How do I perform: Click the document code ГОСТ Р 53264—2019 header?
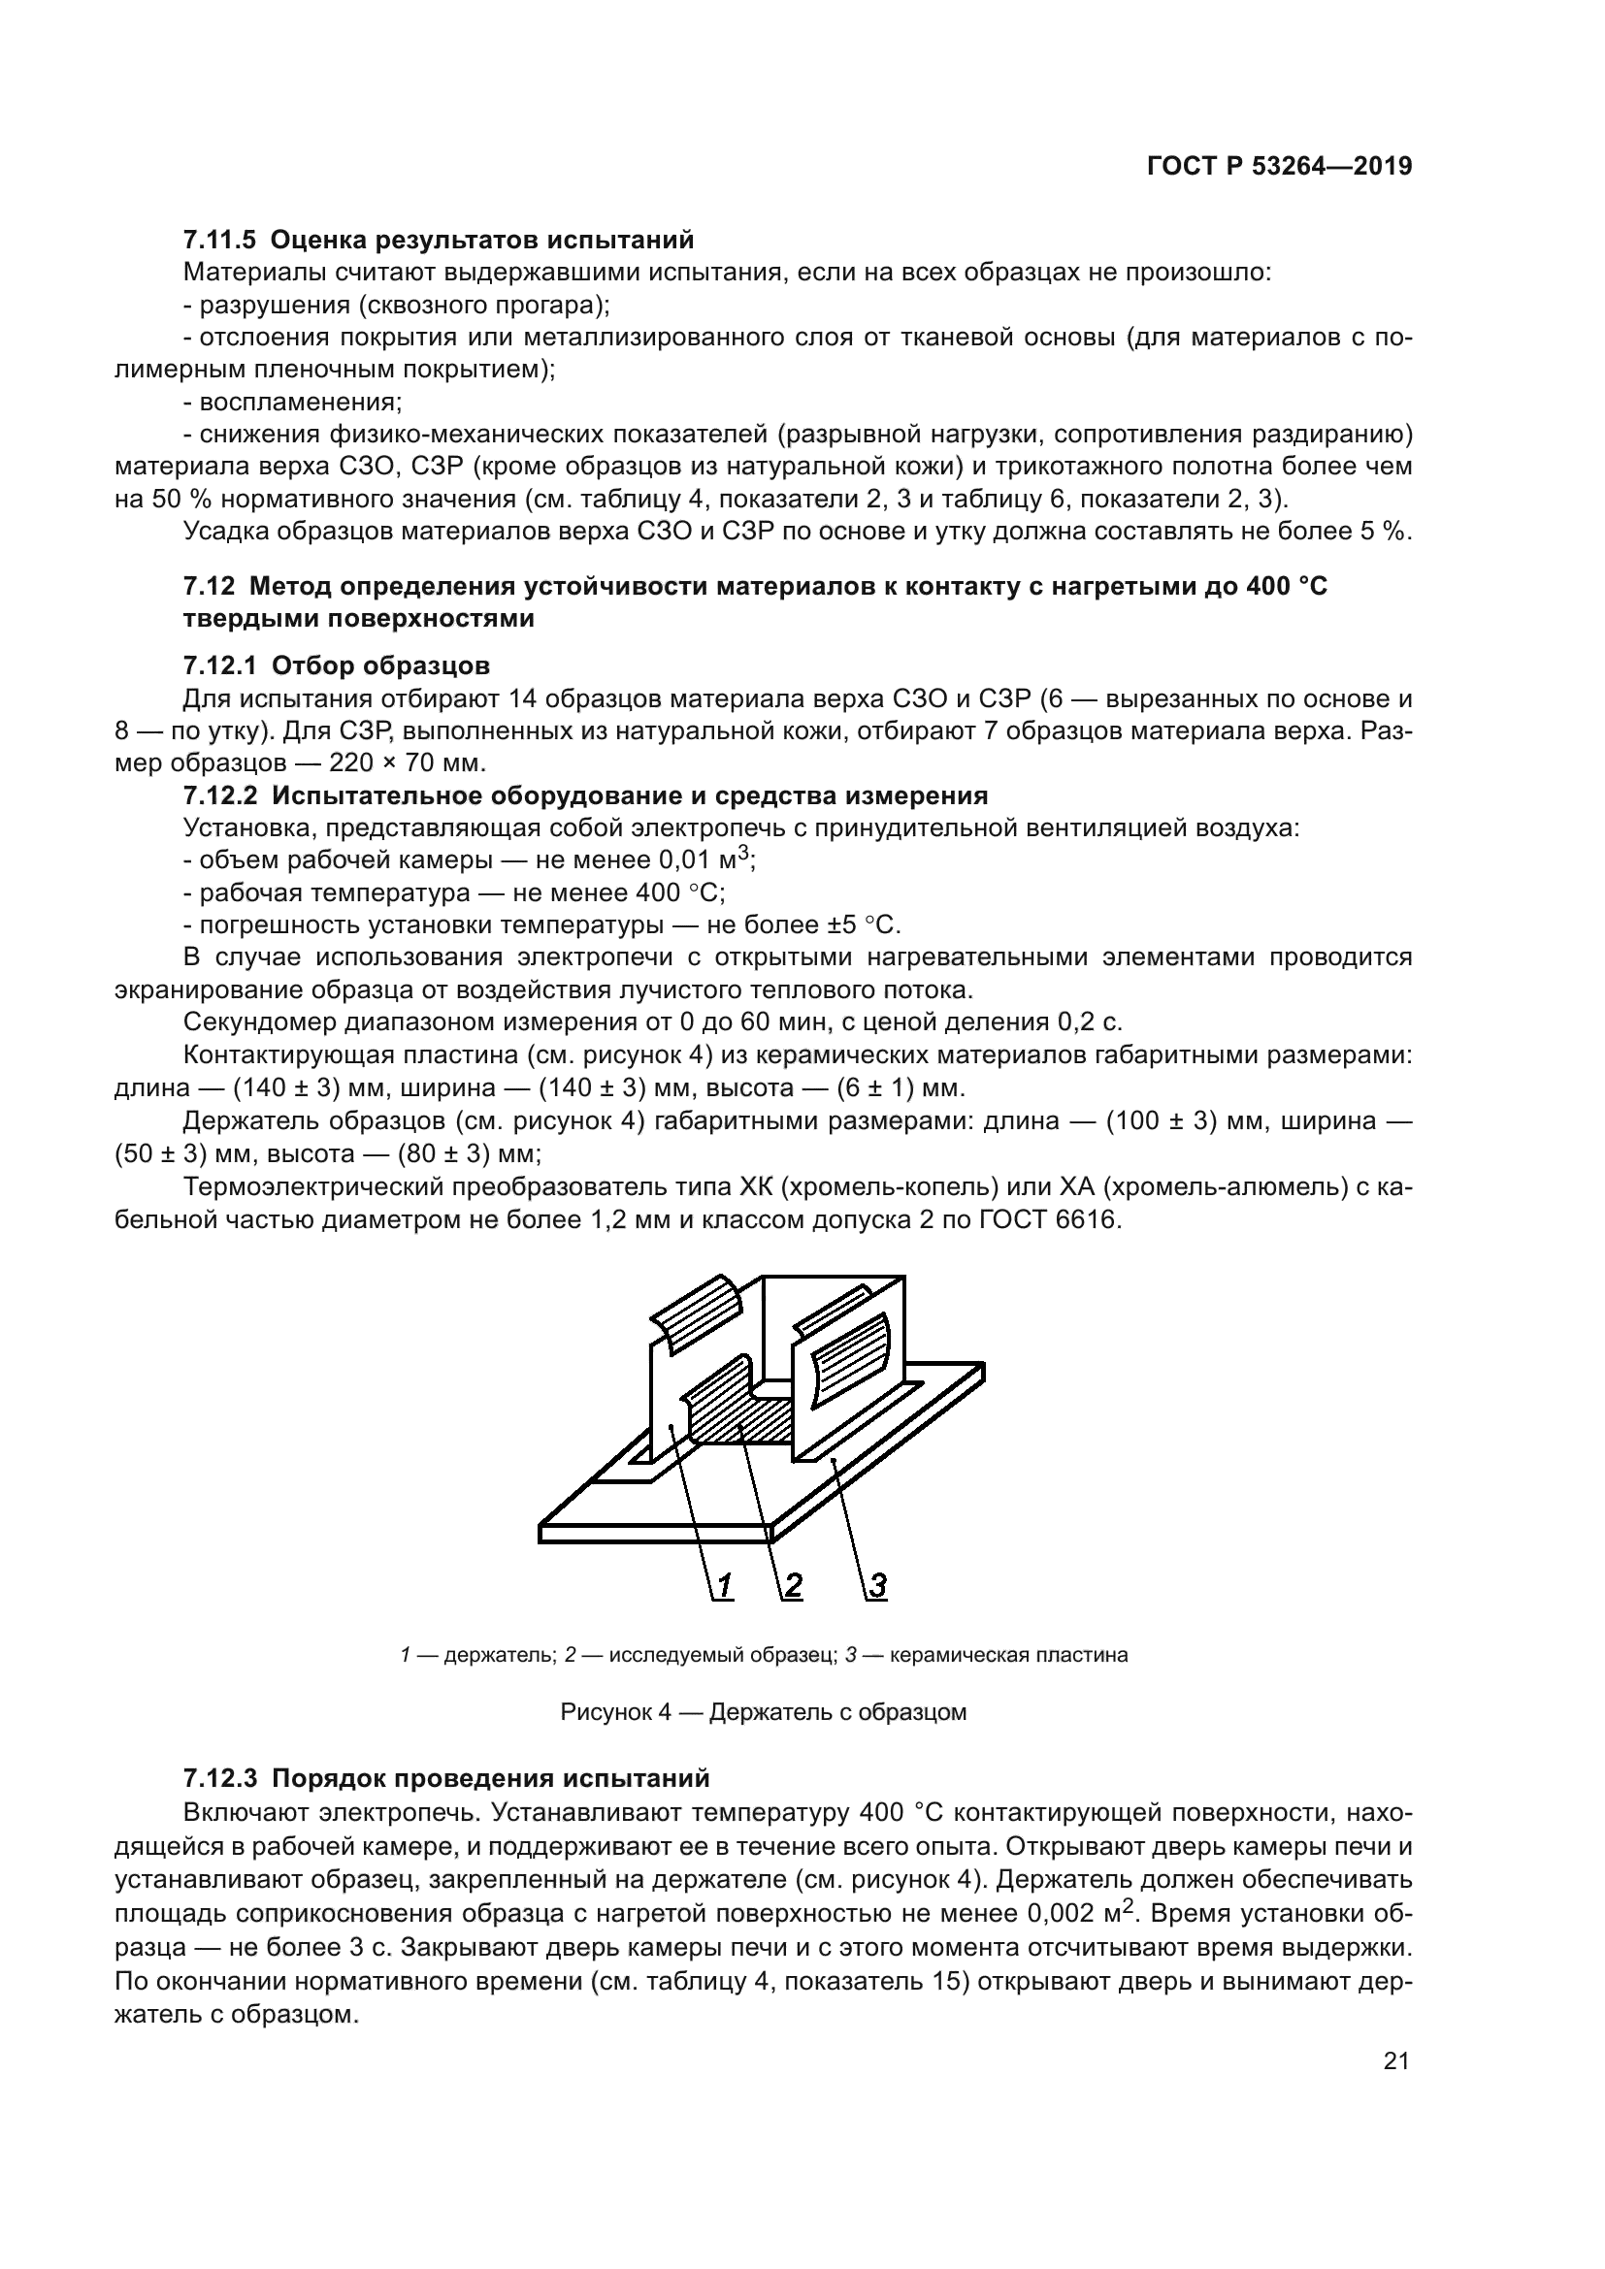click(x=1279, y=167)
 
